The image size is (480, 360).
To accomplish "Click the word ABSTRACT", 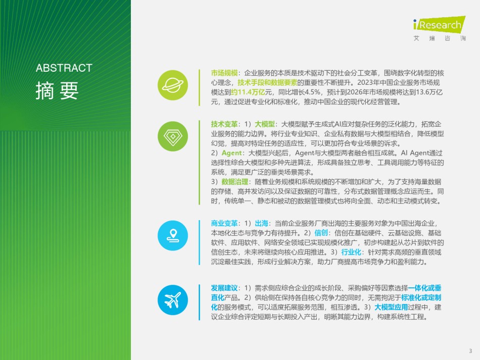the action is (64, 68).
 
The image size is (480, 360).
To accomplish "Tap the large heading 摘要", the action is (57, 90).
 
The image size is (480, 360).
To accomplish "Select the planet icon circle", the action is (173, 85).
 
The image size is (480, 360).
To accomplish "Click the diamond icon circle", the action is (173, 136).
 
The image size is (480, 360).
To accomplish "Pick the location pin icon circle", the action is (173, 235).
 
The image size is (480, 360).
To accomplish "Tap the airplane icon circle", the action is (173, 300).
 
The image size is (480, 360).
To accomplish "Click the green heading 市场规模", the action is (224, 73).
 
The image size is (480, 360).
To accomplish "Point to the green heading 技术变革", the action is (224, 124).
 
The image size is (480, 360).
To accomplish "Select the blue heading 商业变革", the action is (224, 223).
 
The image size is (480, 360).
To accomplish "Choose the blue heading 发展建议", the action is (224, 288).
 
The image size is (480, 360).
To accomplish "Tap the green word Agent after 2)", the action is (232, 153).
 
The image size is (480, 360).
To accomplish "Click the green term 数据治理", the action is (235, 182).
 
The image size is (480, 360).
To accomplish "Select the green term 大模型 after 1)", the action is (265, 124).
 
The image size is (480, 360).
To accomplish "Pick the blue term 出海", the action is (261, 223).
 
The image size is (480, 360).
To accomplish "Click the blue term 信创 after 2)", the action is (321, 233).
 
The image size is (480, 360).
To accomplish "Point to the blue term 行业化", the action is (351, 252).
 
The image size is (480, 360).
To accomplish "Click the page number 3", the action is (470, 351).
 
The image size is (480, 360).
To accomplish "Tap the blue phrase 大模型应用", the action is (391, 307).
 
